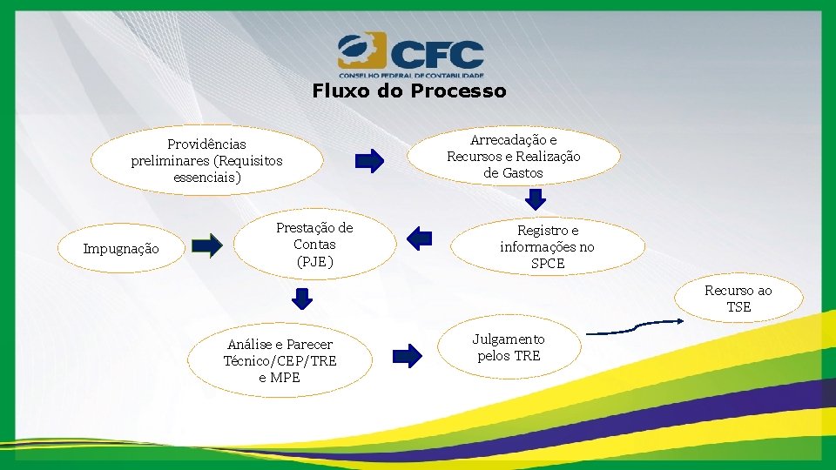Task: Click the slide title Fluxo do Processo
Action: (x=408, y=91)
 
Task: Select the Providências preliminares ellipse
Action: (x=207, y=161)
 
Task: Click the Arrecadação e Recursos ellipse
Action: (x=514, y=157)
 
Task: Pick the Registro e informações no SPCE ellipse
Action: (x=548, y=246)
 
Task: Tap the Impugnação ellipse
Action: (x=121, y=249)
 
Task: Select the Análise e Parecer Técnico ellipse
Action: (x=280, y=360)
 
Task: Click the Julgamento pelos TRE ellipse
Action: (x=509, y=347)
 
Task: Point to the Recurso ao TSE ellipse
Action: (x=738, y=299)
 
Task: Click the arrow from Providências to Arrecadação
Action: (x=369, y=161)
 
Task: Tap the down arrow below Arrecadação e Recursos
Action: (x=536, y=200)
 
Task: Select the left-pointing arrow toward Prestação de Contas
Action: (x=420, y=238)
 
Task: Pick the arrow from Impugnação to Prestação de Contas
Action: (x=207, y=245)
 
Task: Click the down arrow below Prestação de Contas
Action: (x=301, y=299)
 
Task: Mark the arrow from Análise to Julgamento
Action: (x=407, y=354)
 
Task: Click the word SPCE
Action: (x=548, y=263)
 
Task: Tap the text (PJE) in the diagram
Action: (x=314, y=261)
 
